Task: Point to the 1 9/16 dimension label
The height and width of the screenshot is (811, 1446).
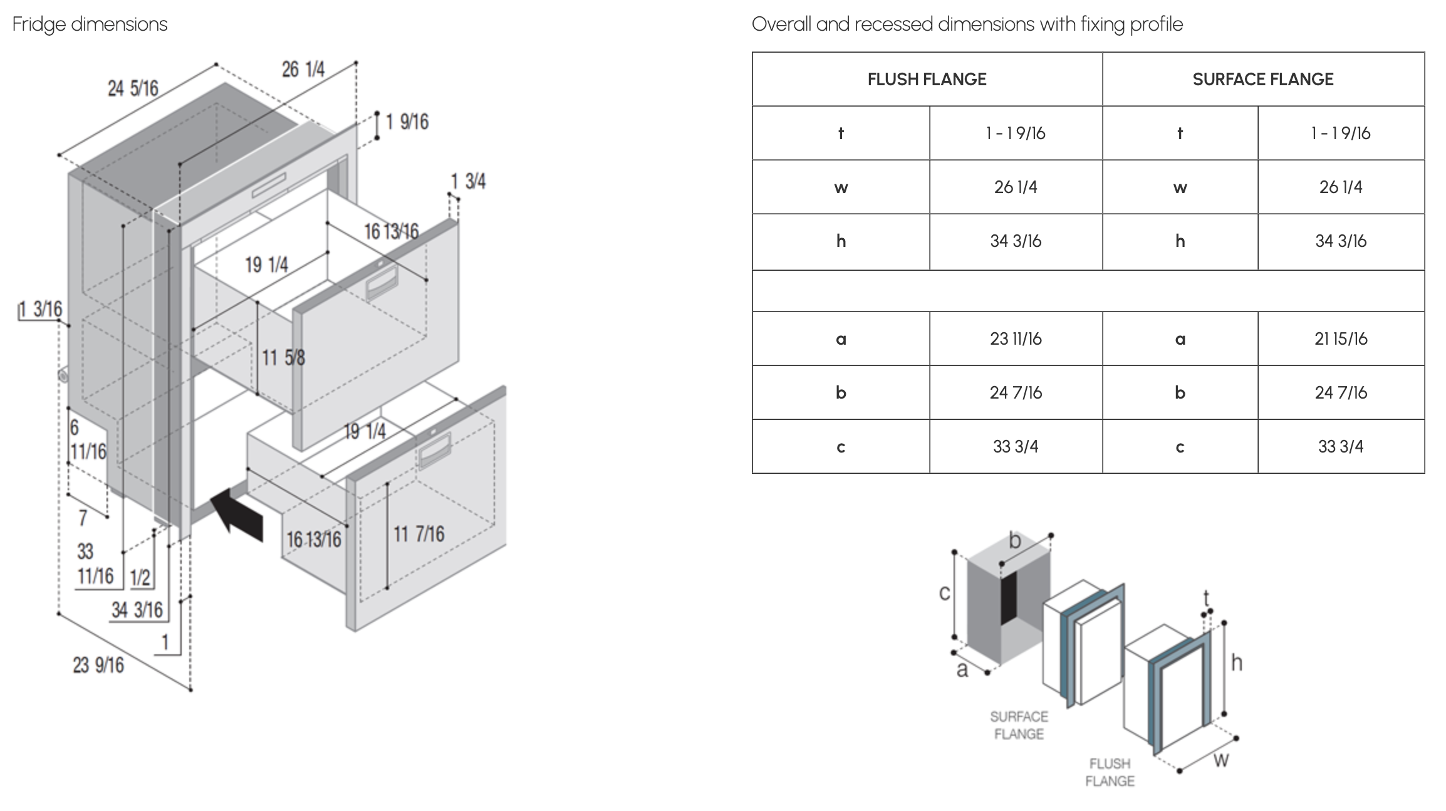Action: tap(407, 122)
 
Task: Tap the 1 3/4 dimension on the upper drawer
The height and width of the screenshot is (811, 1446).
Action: tap(468, 182)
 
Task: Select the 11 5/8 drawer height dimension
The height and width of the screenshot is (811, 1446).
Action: tap(283, 358)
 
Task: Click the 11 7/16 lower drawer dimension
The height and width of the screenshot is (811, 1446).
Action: tap(419, 534)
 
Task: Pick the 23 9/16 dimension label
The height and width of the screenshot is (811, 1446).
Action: tap(98, 665)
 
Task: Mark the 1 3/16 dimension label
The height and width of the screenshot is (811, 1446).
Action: tap(40, 309)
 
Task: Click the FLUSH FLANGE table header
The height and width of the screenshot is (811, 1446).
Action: tap(927, 80)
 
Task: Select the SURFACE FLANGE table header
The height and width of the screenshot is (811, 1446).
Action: tap(1262, 80)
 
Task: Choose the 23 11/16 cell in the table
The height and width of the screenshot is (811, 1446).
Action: tap(1016, 339)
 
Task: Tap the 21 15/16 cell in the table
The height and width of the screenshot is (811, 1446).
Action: tap(1341, 339)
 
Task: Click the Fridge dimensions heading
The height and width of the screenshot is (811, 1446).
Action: tap(90, 24)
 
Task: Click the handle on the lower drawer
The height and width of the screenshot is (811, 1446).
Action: tap(434, 449)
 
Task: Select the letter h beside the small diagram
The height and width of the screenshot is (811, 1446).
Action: tap(1236, 662)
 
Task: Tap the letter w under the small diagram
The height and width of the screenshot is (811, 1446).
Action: tap(1221, 761)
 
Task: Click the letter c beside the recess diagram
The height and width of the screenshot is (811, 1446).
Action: tap(945, 593)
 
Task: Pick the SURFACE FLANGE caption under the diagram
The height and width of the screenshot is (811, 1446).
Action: tap(1019, 725)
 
